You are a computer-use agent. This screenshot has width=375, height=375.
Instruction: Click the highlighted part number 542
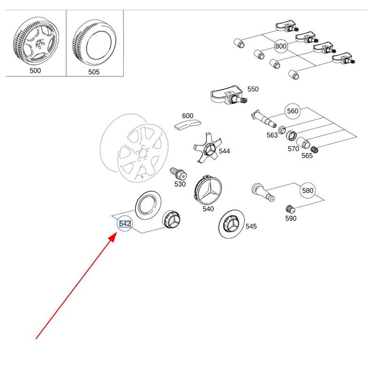125,224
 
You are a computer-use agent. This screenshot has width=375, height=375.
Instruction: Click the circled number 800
281,46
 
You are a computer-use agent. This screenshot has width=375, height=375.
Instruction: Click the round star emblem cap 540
208,190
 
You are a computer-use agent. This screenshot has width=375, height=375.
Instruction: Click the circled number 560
292,111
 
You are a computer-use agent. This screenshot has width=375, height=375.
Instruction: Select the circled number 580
307,191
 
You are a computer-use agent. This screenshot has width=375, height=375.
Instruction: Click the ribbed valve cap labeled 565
315,149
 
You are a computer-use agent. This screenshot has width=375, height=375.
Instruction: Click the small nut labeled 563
282,129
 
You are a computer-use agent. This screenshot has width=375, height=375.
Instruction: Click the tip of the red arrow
114,236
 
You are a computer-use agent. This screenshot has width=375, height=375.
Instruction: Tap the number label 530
180,184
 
